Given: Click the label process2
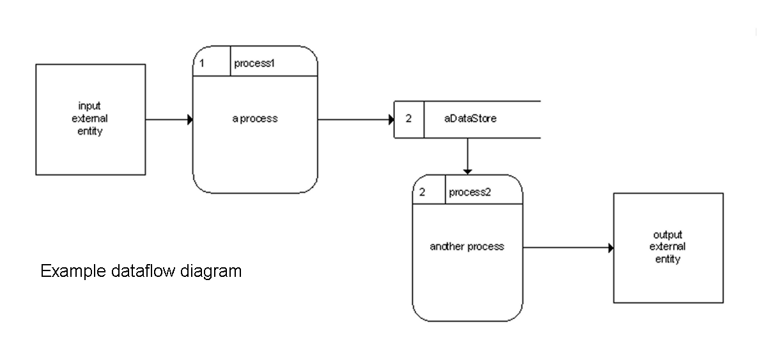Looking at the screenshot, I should pyautogui.click(x=470, y=192).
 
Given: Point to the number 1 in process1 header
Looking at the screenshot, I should pyautogui.click(x=202, y=63).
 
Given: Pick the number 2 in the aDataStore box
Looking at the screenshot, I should pyautogui.click(x=408, y=119).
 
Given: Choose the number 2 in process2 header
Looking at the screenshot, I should pyautogui.click(x=422, y=192).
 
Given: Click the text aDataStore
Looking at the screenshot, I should pyautogui.click(x=470, y=119).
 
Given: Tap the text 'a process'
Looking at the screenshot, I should pyautogui.click(x=255, y=119).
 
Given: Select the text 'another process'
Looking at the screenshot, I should pyautogui.click(x=467, y=247).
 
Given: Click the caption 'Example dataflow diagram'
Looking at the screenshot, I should pyautogui.click(x=141, y=271).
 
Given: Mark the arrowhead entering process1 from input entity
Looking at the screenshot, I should pyautogui.click(x=190, y=120).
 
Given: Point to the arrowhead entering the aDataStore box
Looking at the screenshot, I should pyautogui.click(x=391, y=120).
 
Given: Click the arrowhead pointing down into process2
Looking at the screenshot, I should pyautogui.click(x=467, y=171).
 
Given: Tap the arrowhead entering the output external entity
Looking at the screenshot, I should pyautogui.click(x=610, y=248).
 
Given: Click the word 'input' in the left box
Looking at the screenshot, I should pyautogui.click(x=89, y=106).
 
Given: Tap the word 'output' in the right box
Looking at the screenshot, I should pyautogui.click(x=668, y=235).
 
